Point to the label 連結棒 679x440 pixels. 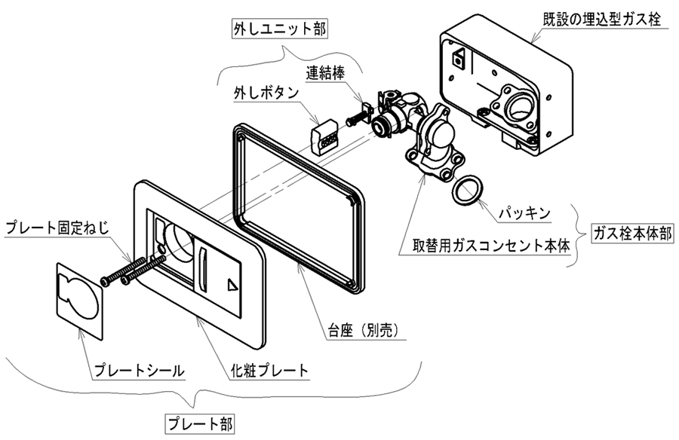point(327,74)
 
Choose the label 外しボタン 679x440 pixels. point(265,94)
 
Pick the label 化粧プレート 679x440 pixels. point(269,371)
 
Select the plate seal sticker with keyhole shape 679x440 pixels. point(80,298)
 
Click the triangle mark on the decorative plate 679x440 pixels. point(232,285)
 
